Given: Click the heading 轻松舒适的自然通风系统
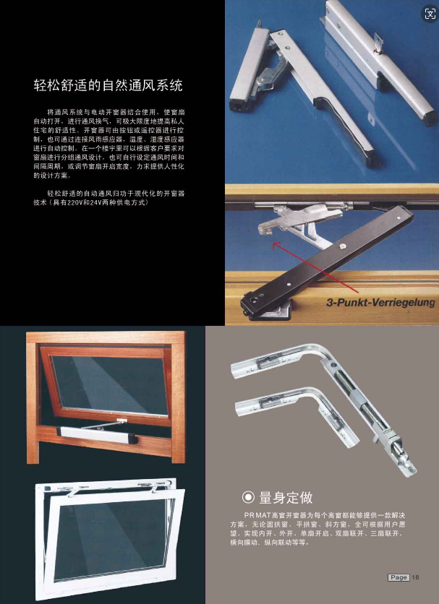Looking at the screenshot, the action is pos(108,85).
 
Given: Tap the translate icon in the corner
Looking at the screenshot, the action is pos(430,14).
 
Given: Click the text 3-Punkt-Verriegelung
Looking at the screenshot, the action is pos(380,303).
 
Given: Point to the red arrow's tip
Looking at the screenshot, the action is pos(273,243).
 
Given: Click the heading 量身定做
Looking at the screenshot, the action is pos(286,497).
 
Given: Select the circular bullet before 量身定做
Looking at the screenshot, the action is pos(248,497).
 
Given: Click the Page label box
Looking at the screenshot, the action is pos(398,577).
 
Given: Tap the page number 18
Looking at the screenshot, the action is pos(415,577).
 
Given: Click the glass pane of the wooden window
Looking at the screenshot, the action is pos(110,384).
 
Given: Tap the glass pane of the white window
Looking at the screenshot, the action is pos(113,540).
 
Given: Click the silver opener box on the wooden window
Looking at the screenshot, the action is pos(97,434).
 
